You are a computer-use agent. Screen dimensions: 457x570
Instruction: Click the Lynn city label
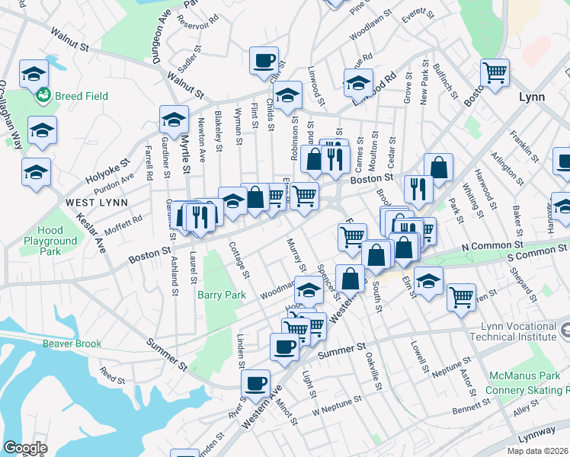(531, 97)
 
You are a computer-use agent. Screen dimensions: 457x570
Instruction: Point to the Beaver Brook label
(72, 344)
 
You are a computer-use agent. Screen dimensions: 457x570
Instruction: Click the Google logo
(25, 448)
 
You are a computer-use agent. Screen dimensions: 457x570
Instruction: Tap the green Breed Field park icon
(43, 95)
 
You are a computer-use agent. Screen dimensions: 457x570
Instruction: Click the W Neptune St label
(335, 406)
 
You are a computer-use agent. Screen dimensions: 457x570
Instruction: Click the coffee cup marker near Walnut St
(264, 60)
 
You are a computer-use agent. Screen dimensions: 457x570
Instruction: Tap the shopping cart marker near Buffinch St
(495, 73)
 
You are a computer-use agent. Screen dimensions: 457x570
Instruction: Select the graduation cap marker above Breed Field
(34, 73)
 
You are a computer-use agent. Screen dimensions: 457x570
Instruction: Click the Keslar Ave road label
(91, 231)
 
